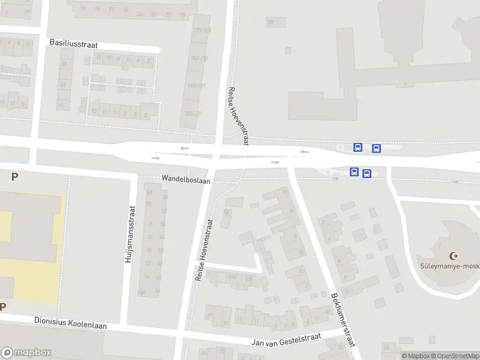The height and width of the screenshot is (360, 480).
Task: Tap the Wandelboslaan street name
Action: (x=186, y=179)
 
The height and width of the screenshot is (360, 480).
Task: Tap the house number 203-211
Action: (x=193, y=113)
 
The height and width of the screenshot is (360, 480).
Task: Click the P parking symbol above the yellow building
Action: (x=14, y=177)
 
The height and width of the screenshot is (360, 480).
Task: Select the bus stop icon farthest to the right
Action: (x=376, y=148)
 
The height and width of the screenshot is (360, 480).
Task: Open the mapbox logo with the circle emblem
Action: (x=26, y=353)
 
